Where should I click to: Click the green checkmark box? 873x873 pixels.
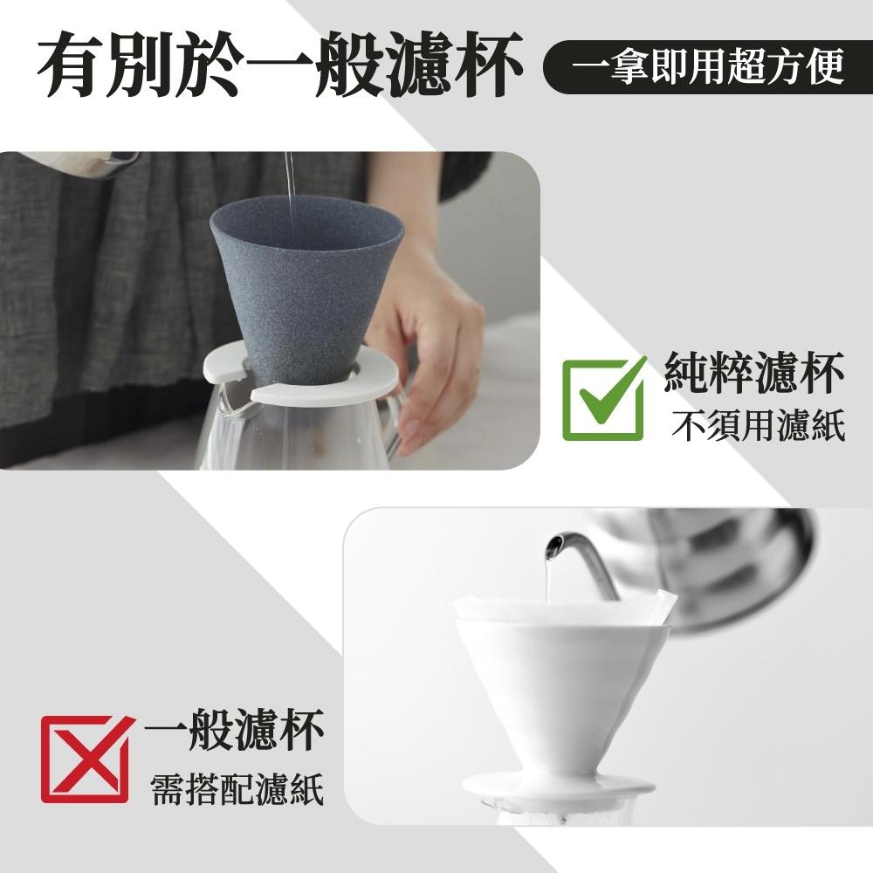[x=603, y=399]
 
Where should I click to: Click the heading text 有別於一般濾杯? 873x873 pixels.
[x=278, y=65]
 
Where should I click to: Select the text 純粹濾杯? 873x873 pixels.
[x=753, y=375]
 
